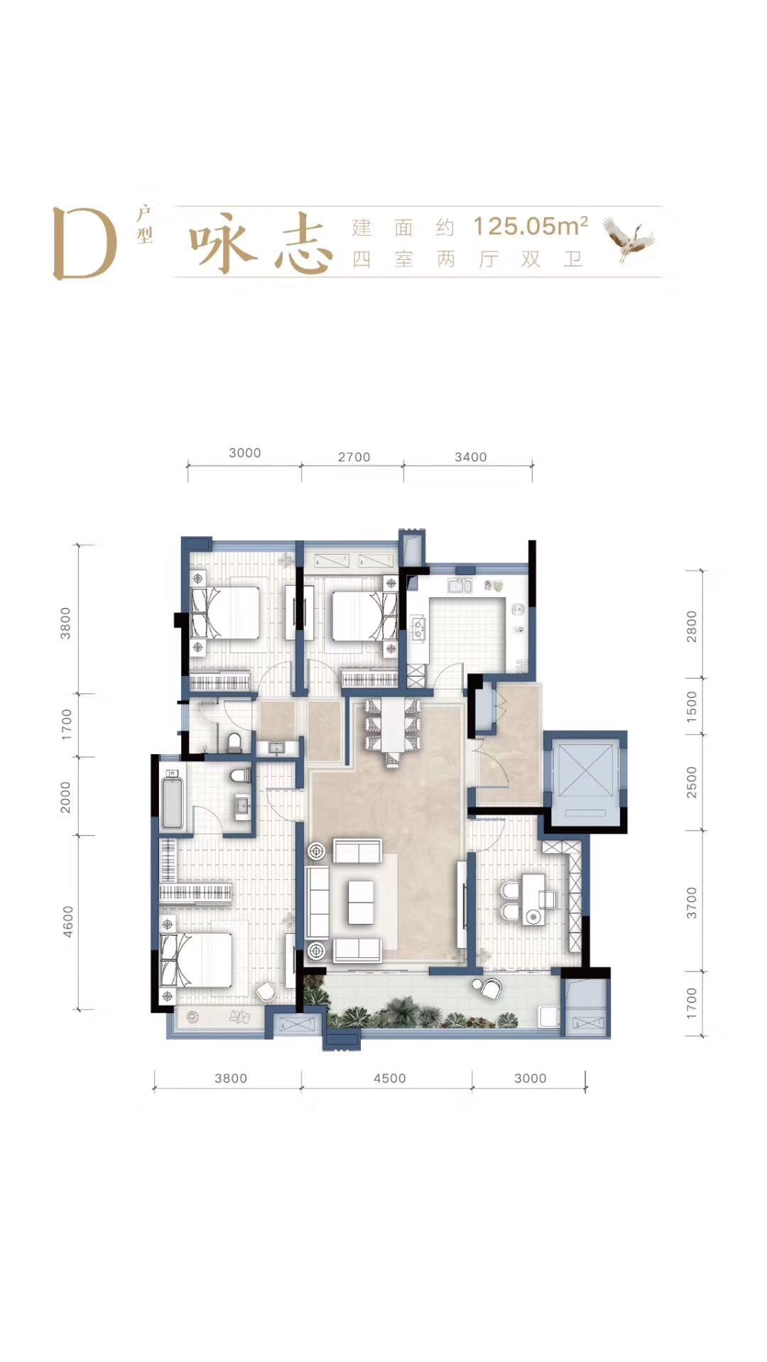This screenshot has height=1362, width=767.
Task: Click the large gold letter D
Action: (85, 244)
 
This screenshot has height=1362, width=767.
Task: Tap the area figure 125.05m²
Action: (531, 226)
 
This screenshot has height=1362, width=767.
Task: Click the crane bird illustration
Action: (629, 239)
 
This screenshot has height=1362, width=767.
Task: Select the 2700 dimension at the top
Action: (354, 457)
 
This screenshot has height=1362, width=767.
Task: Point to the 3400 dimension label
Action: (470, 457)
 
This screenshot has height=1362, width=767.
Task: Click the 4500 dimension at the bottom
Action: (389, 1078)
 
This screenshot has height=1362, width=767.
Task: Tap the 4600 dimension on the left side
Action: (67, 921)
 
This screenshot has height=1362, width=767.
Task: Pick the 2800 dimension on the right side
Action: (692, 626)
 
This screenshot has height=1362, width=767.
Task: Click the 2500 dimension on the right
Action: (692, 782)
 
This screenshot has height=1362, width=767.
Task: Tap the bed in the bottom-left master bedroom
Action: (197, 960)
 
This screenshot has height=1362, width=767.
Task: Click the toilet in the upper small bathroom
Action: (235, 742)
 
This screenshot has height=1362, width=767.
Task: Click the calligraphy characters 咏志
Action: (261, 244)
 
